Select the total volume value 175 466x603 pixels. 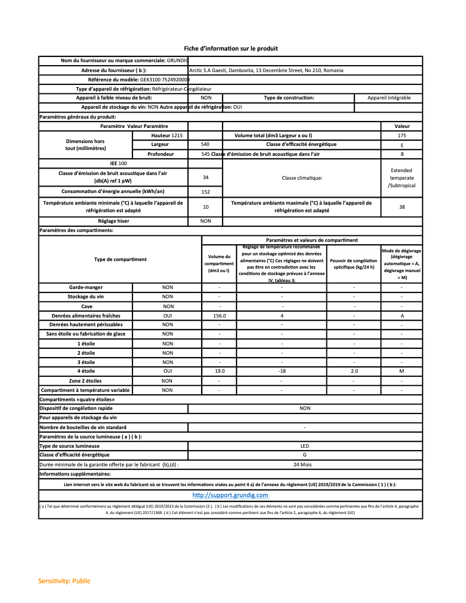coord(402,135)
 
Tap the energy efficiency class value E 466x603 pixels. coord(402,145)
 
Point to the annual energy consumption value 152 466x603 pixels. coord(205,191)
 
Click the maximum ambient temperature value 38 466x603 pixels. coord(402,206)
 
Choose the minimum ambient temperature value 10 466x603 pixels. coord(205,206)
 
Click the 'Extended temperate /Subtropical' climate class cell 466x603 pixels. coord(402,177)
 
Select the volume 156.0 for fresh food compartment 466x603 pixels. coord(219,315)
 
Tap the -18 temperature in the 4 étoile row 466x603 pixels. coord(282,370)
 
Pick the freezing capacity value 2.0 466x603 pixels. coord(354,370)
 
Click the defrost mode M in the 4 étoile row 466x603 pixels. coord(402,370)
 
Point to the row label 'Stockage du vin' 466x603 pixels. coord(85,297)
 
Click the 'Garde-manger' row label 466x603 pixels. coord(85,287)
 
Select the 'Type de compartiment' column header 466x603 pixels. coord(120,259)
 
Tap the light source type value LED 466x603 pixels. coord(304,445)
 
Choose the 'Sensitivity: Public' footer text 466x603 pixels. coord(64,581)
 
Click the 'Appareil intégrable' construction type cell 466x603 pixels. coord(389,98)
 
